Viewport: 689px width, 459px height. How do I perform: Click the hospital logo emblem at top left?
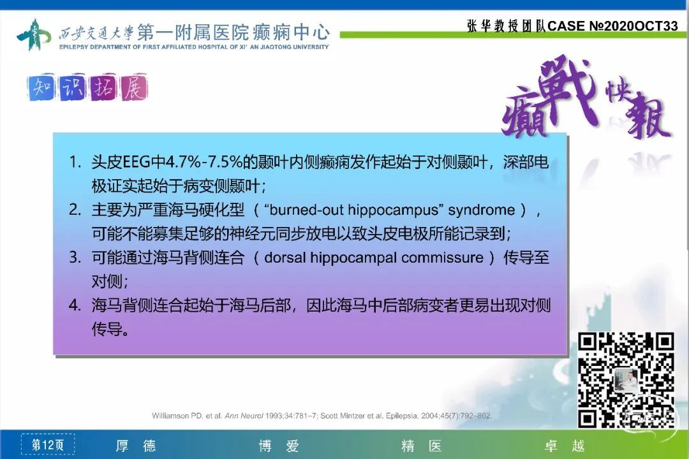34,34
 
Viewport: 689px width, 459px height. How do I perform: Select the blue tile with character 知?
41,88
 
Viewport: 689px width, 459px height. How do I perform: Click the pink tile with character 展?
134,88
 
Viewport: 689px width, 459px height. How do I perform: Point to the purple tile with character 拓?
103,88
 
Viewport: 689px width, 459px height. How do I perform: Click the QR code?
626,381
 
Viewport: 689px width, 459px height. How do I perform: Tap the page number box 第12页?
47,445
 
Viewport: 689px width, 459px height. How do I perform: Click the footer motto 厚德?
136,446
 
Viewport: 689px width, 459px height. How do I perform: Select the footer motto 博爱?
279,446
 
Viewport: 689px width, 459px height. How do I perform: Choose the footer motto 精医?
422,446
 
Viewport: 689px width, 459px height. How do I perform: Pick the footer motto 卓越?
565,446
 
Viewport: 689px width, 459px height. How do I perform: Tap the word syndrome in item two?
481,210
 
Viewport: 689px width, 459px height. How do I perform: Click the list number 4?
75,305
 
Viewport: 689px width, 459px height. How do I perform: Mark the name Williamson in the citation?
170,416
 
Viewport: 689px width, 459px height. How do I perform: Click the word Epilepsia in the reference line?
402,416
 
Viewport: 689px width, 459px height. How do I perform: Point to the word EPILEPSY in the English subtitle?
73,47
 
